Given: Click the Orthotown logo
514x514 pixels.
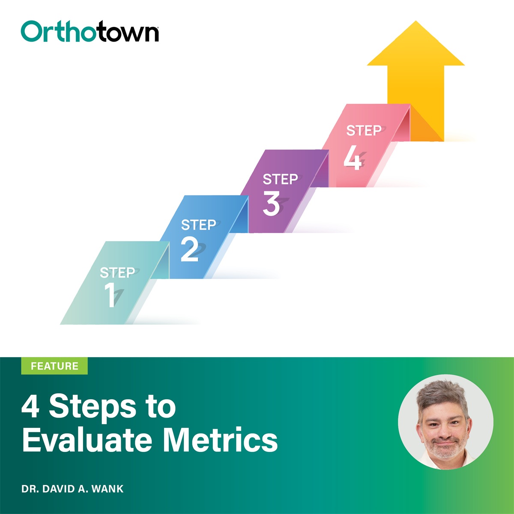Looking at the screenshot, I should click(x=90, y=32).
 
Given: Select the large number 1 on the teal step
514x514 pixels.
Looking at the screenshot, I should click(x=111, y=295).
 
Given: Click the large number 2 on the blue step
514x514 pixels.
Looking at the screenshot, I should click(x=189, y=249).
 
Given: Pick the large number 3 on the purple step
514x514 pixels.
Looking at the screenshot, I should click(x=271, y=203).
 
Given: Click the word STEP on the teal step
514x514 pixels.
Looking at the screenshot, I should click(x=117, y=273).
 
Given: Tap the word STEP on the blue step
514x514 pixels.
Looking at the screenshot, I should click(x=198, y=225).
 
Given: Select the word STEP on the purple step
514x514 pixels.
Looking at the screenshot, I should click(x=280, y=179).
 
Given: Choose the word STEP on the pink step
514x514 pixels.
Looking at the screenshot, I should click(x=364, y=131).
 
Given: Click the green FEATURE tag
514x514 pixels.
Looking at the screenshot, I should click(x=54, y=366).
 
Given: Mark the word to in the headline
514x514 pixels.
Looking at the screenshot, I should click(x=161, y=407).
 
